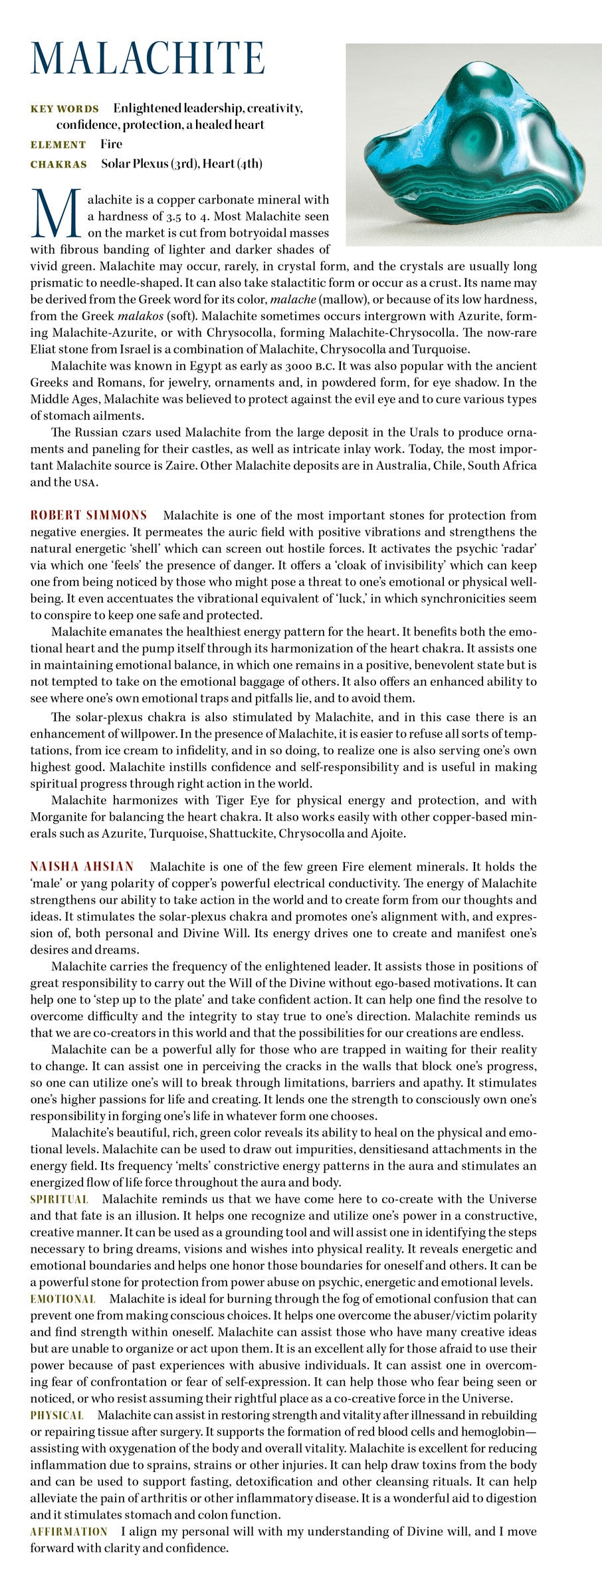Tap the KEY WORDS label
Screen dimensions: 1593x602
click(64, 109)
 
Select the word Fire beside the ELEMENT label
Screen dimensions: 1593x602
click(112, 144)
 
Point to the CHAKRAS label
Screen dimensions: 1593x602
click(58, 164)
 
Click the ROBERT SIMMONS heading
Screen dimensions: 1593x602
click(88, 515)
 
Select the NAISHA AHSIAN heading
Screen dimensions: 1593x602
click(82, 867)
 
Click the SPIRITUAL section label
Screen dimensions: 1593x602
click(59, 1200)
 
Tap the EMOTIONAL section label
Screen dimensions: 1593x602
click(62, 1299)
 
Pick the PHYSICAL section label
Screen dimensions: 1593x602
click(56, 1416)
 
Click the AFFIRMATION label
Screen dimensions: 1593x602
click(68, 1532)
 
